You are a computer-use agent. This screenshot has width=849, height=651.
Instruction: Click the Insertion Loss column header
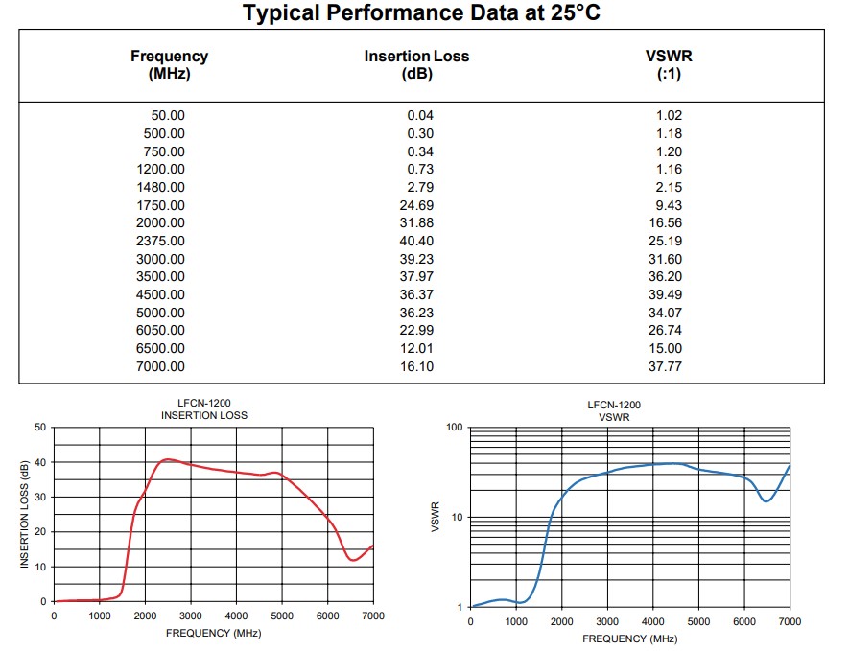coord(416,57)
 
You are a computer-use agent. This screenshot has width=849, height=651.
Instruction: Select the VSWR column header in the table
coord(669,57)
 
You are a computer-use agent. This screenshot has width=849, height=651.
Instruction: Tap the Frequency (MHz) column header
coord(169,57)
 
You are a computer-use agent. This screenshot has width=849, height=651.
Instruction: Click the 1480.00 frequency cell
coord(161,187)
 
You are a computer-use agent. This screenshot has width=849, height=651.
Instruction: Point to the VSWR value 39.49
coord(665,294)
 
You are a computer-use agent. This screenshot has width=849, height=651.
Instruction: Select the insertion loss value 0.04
coord(420,115)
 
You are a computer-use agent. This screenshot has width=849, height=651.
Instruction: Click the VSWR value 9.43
coord(669,205)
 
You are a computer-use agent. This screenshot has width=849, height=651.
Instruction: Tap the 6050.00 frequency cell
coord(161,331)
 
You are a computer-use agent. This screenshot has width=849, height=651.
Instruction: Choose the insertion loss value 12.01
coord(416,348)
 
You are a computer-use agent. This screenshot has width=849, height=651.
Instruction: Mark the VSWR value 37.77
coord(665,366)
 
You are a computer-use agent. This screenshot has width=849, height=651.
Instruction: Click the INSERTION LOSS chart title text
coord(203,415)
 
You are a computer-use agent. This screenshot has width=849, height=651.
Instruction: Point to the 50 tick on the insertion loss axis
coord(39,428)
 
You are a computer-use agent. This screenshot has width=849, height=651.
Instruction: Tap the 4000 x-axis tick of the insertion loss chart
coord(236,616)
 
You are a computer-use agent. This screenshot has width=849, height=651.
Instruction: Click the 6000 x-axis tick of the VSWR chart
coord(743,621)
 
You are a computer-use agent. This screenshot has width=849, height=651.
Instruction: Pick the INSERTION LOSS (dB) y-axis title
coord(25,514)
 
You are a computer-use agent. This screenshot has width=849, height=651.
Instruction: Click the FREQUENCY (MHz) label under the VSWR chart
coord(629,639)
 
